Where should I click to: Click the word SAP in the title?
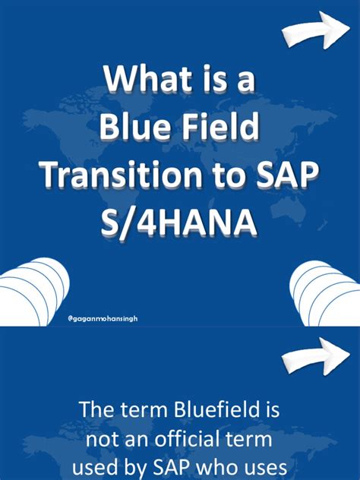click(x=288, y=175)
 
